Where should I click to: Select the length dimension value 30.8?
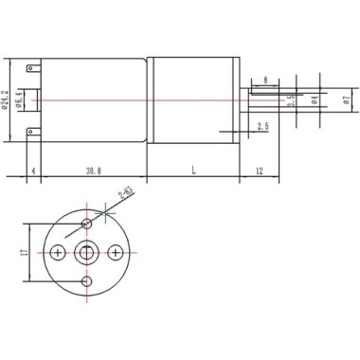pyautogui.click(x=93, y=171)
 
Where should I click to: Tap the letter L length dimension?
pyautogui.click(x=193, y=171)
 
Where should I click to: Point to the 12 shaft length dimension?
pyautogui.click(x=259, y=171)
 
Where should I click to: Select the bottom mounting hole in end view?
pyautogui.click(x=87, y=282)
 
